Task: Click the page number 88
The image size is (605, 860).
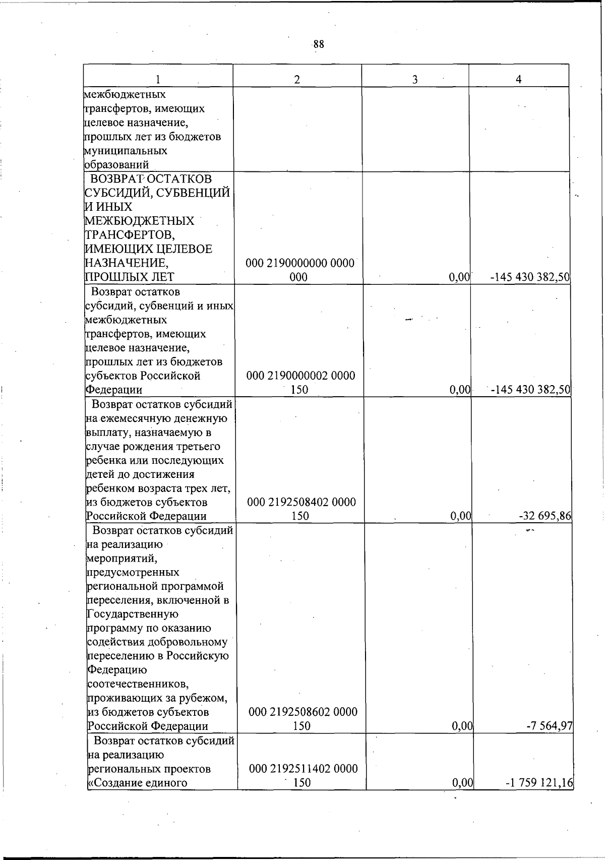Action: pos(318,44)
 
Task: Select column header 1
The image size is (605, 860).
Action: pos(158,79)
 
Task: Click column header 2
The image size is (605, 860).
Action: pos(297,79)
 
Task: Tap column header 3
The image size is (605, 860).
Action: pos(414,79)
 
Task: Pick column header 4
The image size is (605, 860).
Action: pos(518,79)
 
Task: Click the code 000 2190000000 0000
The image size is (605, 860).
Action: pos(300,263)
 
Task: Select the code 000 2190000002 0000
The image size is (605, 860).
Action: pos(300,376)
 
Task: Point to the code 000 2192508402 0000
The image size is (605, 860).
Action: pos(301,502)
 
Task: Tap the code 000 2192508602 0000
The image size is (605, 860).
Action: pos(302,712)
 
